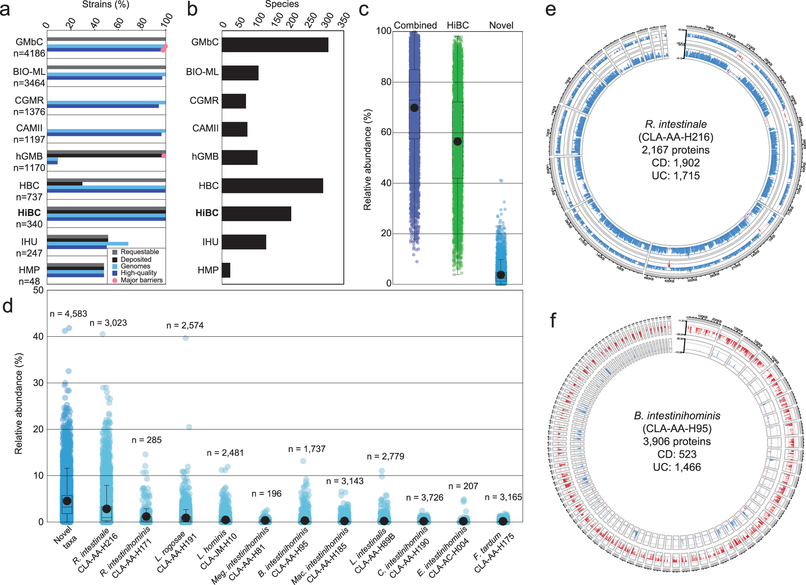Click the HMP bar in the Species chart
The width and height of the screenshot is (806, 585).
point(226,270)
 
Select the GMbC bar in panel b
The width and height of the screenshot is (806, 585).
point(275,45)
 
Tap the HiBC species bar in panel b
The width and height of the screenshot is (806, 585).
point(256,213)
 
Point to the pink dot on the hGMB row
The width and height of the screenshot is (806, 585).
point(164,156)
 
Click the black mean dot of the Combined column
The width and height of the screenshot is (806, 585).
point(414,108)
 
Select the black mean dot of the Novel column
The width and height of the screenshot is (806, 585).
point(501,275)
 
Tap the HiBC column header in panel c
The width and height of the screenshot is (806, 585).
point(457,25)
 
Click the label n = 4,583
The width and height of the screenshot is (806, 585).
point(68,314)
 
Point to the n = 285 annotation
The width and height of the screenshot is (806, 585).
point(146,440)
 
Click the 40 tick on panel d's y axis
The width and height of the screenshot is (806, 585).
point(38,336)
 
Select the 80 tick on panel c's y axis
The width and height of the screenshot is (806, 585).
point(386,82)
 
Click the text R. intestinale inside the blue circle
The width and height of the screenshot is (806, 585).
point(676,124)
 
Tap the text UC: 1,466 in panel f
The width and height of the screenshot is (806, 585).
point(677,467)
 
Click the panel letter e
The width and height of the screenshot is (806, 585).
point(550,9)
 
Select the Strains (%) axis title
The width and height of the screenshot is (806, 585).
point(105,4)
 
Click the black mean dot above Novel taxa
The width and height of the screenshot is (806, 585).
point(67,501)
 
